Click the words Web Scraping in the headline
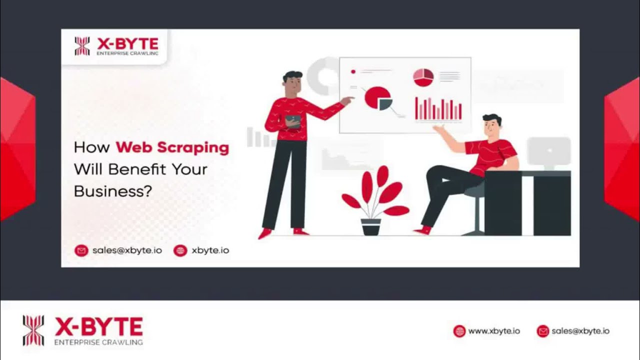(172, 147)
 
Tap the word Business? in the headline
(112, 190)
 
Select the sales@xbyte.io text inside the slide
(127, 250)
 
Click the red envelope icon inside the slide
(81, 250)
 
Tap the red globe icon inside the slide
(180, 250)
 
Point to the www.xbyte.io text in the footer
(494, 331)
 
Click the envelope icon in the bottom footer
(542, 331)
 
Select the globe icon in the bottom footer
(459, 331)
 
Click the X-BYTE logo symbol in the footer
(33, 330)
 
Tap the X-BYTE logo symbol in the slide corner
(82, 46)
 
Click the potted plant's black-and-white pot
(371, 227)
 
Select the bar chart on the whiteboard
(438, 109)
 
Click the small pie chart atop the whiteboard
(423, 77)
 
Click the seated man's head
(492, 127)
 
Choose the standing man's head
(293, 82)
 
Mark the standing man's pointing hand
(346, 101)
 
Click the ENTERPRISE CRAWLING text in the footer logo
(98, 342)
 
